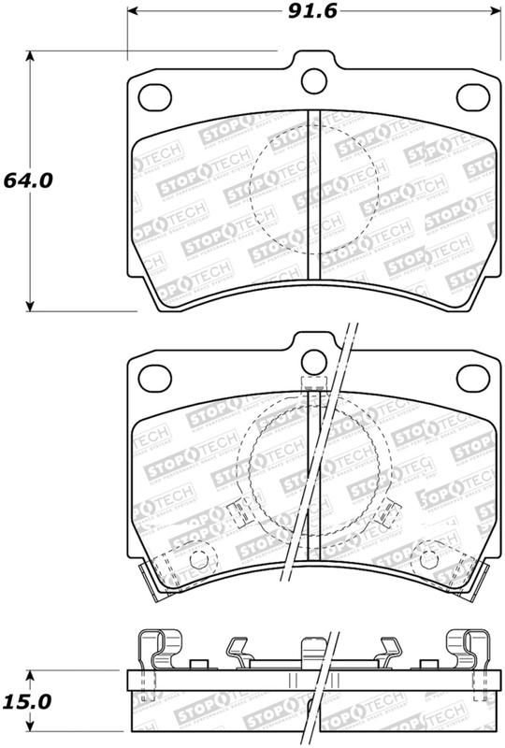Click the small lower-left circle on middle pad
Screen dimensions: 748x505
197,559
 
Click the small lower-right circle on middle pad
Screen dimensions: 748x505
431,559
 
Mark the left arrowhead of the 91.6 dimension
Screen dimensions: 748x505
131,13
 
